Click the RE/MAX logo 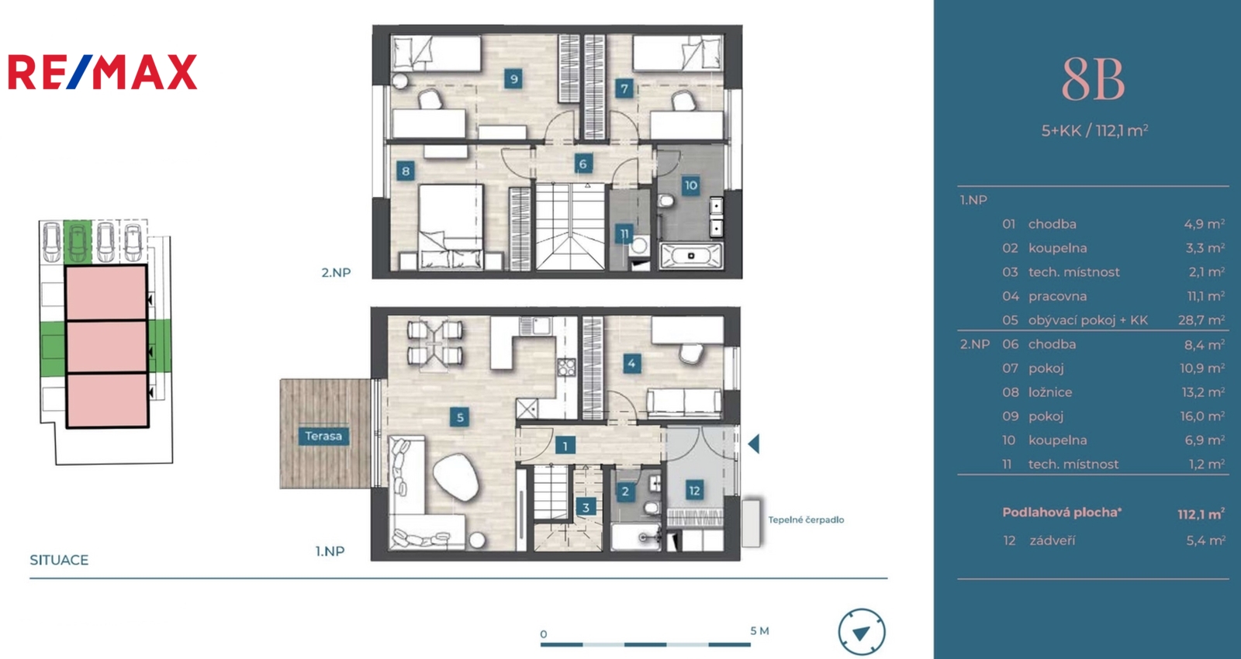pos(102,72)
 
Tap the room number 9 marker pos(513,79)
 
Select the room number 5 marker pos(459,417)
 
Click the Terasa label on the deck pos(323,436)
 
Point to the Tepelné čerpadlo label pos(806,520)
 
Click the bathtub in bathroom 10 pos(691,256)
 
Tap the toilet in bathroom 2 pos(652,508)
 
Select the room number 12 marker pos(694,491)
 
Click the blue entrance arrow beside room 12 pos(753,443)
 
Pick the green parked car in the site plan pos(78,242)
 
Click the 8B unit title pos(1093,81)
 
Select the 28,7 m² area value pos(1201,320)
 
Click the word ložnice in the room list pos(1050,392)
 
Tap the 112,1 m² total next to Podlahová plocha pos(1201,515)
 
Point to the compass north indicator pos(862,633)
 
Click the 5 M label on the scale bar pos(759,631)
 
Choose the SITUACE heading pos(59,560)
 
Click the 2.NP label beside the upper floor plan pos(337,272)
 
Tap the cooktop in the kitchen pos(566,367)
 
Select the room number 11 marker pos(624,234)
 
